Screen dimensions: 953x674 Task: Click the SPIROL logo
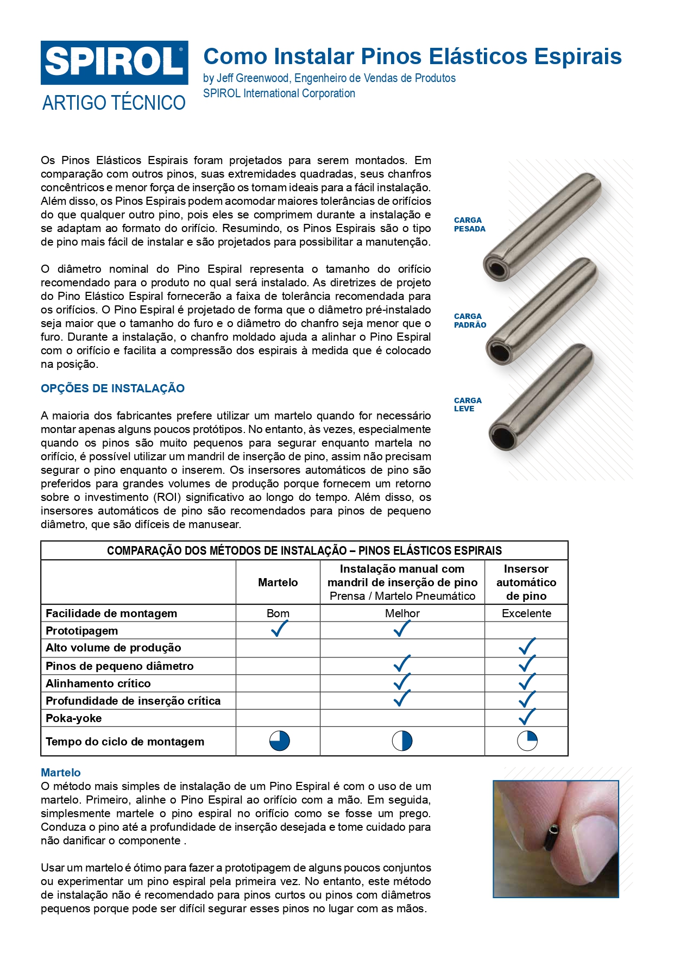114,62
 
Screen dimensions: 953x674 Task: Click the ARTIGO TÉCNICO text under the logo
114,103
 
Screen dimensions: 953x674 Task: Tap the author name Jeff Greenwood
253,78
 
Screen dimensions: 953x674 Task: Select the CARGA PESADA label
469,224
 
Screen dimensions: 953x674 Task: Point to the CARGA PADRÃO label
470,321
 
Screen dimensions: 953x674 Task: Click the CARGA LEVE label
468,405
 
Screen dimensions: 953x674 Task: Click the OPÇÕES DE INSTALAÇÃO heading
112,388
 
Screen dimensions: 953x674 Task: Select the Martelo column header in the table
278,582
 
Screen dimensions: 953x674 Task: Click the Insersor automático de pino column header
526,582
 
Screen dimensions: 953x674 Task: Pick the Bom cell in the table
278,613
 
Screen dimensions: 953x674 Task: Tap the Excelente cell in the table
526,613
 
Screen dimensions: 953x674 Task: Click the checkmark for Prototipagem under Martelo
279,629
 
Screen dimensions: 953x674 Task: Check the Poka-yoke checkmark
527,717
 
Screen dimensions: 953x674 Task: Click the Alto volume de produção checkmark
527,646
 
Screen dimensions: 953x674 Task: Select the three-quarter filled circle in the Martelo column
279,741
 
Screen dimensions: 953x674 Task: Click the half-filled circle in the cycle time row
402,741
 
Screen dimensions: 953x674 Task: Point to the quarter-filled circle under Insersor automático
527,741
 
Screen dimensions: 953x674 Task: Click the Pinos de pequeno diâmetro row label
119,666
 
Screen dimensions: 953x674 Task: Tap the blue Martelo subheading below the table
61,773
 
